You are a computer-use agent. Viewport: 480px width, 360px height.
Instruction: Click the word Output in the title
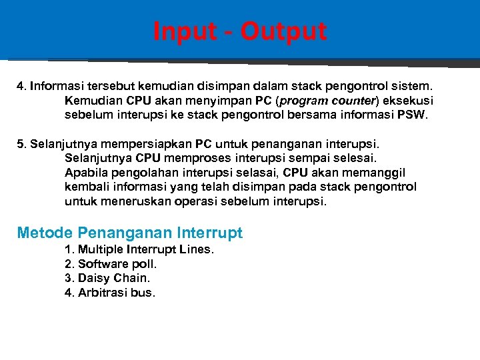(285, 31)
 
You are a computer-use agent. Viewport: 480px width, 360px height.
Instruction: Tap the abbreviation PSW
(416, 115)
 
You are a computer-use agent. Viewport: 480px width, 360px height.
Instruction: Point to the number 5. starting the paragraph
(22, 144)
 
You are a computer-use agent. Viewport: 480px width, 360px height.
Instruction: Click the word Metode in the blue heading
(45, 233)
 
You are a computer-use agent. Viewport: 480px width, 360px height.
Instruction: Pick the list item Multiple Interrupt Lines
(139, 249)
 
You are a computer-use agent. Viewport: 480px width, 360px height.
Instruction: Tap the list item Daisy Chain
(107, 278)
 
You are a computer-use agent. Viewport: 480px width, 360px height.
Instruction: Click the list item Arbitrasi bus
(110, 293)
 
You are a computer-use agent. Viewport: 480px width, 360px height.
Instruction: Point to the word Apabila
(86, 173)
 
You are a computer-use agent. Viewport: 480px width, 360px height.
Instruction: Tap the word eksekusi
(407, 101)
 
